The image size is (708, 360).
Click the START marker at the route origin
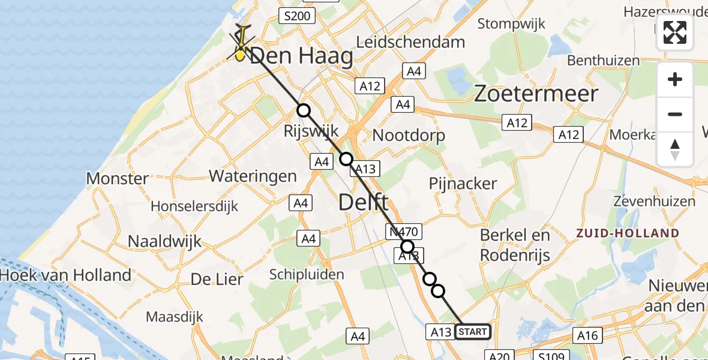pos(473,331)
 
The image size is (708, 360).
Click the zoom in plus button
pos(675,80)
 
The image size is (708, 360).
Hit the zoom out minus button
pos(675,114)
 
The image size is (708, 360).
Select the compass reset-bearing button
pos(675,149)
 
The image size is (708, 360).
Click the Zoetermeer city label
pos(536,94)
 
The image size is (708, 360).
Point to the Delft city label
pos(364,202)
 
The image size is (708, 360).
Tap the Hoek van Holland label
pos(66,275)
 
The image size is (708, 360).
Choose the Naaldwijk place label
pos(164,241)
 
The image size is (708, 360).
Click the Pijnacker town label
pos(463,183)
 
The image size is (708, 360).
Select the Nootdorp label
pos(409,135)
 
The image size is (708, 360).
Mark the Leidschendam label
pos(419,42)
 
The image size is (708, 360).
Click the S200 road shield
pos(298,16)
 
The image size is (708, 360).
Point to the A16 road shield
pos(587,335)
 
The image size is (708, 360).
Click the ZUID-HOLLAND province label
pos(628,233)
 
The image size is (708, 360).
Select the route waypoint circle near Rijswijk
pos(304,110)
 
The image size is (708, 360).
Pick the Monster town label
pos(118,178)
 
